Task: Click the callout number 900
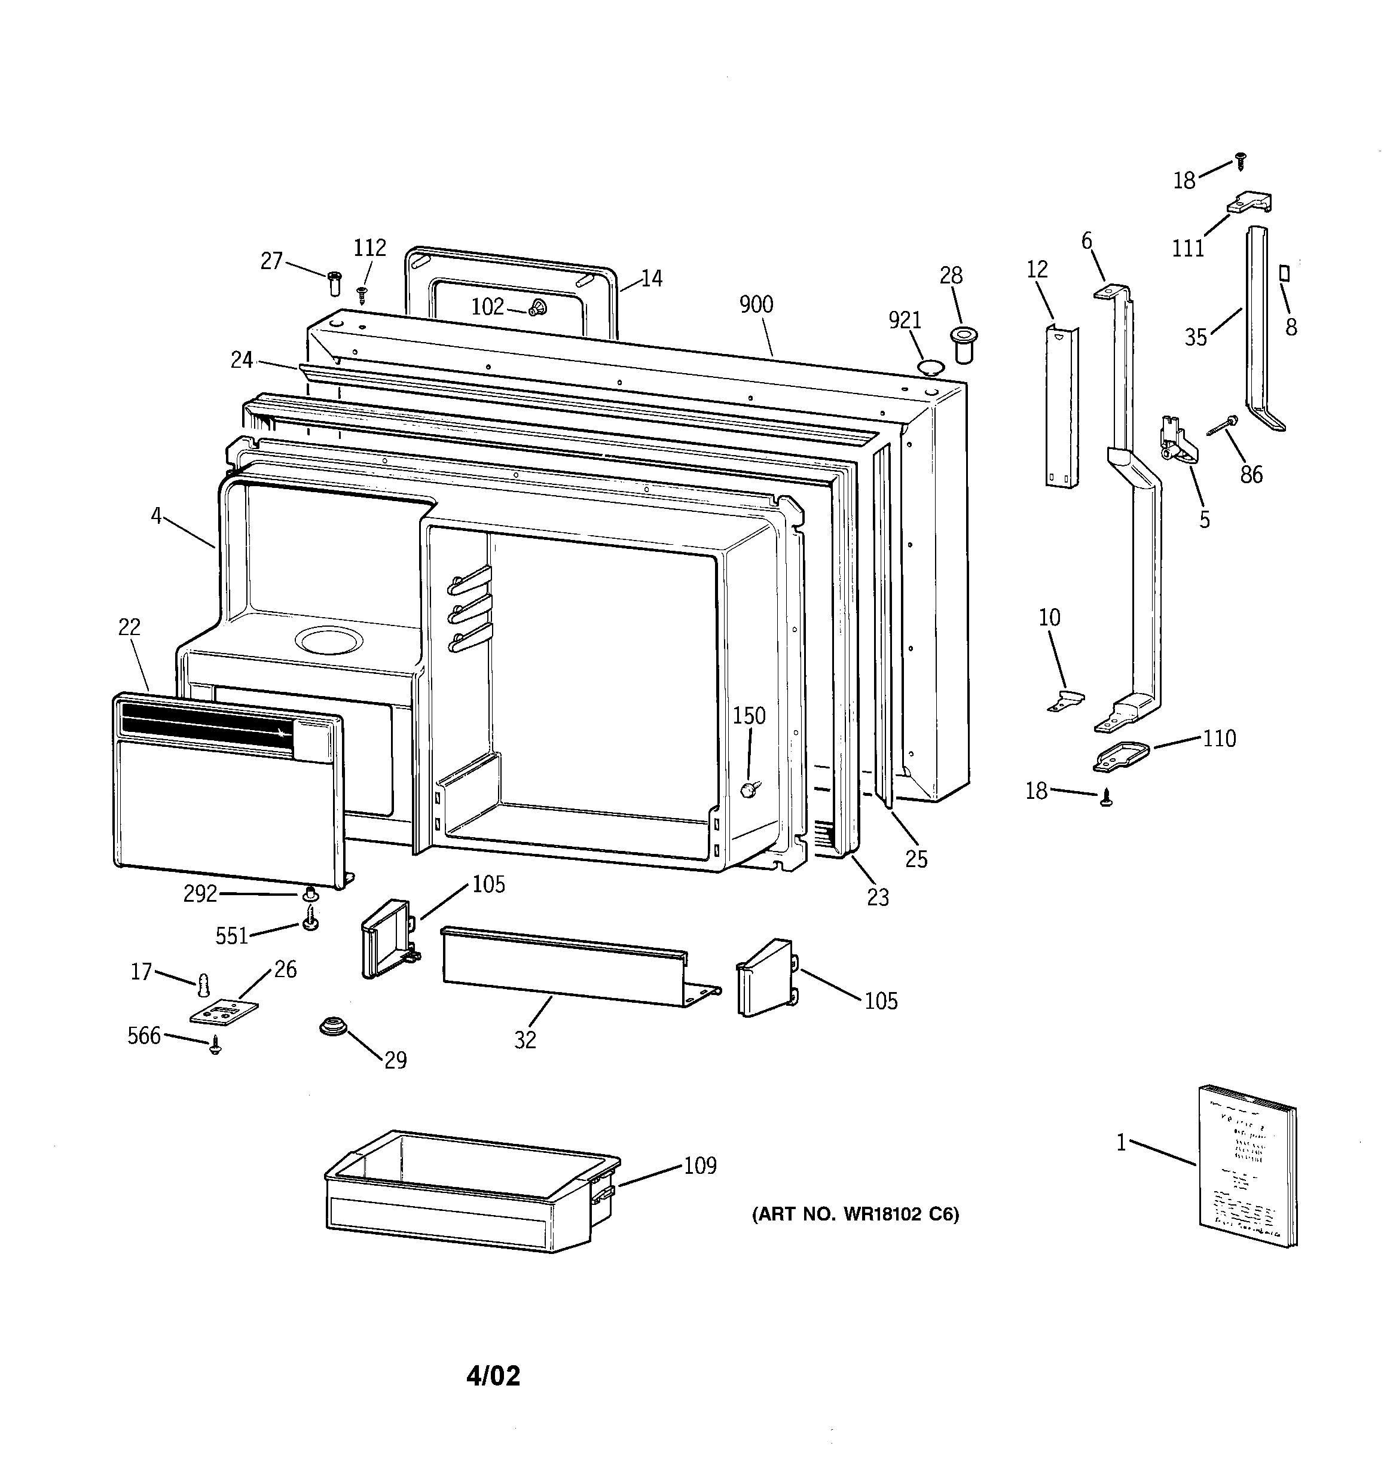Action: point(756,304)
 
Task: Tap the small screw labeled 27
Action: point(334,283)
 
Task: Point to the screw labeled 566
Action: point(216,1046)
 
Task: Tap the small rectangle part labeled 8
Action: point(1284,273)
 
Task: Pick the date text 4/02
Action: point(493,1375)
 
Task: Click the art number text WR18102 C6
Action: point(856,1214)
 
